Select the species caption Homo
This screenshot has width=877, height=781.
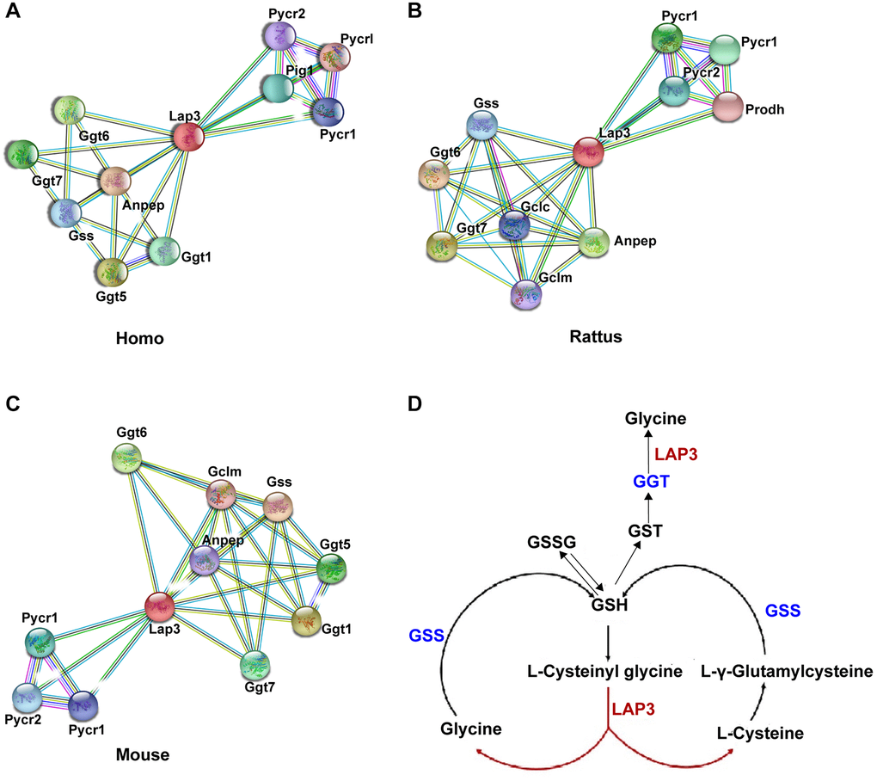[139, 339]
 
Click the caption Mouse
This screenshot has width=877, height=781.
[143, 755]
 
